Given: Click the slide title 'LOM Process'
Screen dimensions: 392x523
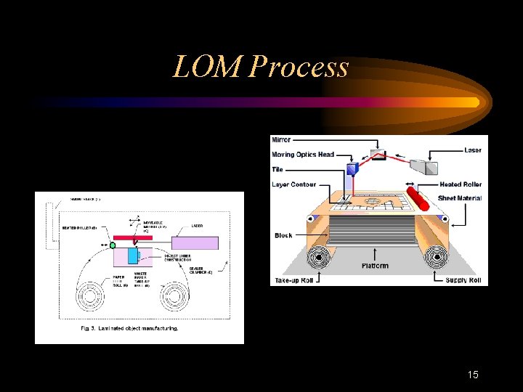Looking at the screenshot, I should coord(261,68).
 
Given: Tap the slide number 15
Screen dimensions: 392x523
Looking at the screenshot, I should coord(473,375).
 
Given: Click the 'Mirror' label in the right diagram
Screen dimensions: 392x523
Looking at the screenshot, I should coord(280,139).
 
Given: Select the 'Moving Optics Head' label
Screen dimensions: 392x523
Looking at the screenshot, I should coord(303,155).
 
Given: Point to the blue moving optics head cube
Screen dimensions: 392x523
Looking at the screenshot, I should coord(352,170).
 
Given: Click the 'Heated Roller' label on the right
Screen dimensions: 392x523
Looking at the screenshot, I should coord(460,184).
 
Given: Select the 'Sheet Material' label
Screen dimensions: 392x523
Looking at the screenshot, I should coord(460,197).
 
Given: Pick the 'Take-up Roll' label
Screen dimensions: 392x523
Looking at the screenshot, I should coord(294,280).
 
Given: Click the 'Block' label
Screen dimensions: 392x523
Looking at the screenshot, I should coord(283,235).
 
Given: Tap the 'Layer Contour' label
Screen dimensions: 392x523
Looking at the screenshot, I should coord(294,184).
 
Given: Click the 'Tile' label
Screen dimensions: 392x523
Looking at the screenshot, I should coord(277,169).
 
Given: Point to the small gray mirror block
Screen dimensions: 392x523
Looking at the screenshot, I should coord(377,154).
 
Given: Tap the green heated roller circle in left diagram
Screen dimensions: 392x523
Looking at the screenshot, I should coord(113,245).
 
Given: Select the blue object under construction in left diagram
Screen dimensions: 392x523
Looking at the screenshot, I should coord(132,256).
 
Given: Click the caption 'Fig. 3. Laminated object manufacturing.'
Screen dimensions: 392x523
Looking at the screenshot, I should coord(129,329).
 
